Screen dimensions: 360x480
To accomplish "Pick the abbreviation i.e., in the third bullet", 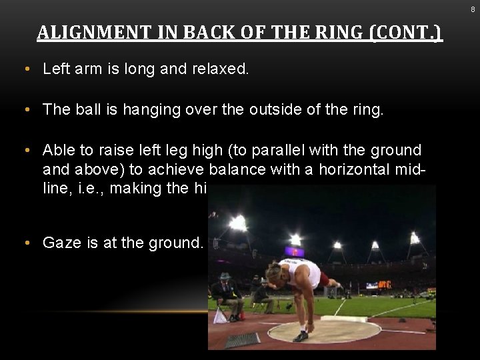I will [89, 188].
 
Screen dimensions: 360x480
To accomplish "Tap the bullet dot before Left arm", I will [25, 69].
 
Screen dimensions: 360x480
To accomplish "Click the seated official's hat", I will [225, 276].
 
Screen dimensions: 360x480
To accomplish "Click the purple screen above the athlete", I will [294, 251].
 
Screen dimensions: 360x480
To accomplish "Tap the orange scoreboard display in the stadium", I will [385, 285].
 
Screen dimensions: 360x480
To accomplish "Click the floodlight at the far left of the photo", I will [237, 223].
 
